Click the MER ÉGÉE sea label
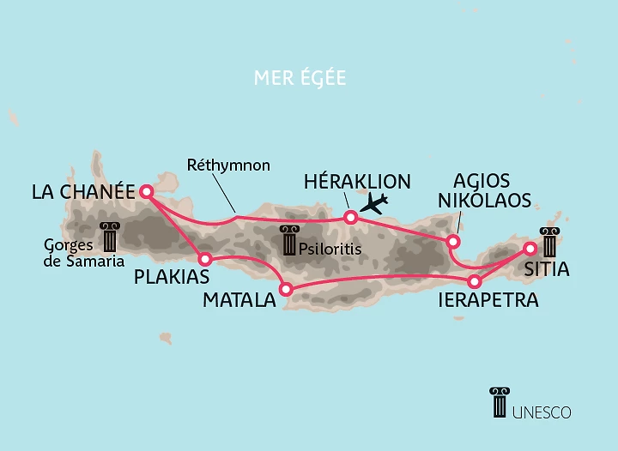tap(300, 79)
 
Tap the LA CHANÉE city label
tap(83, 192)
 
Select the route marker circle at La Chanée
tap(147, 192)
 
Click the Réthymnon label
tap(228, 165)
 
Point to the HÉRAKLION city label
tap(357, 181)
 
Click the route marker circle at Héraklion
tap(350, 218)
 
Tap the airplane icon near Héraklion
tap(374, 203)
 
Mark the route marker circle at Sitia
tap(530, 249)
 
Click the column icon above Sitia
tap(548, 242)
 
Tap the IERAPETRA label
tap(488, 300)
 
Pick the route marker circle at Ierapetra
tap(473, 281)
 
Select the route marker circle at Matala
tap(287, 290)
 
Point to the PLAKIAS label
tap(171, 277)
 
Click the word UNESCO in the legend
tap(542, 412)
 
